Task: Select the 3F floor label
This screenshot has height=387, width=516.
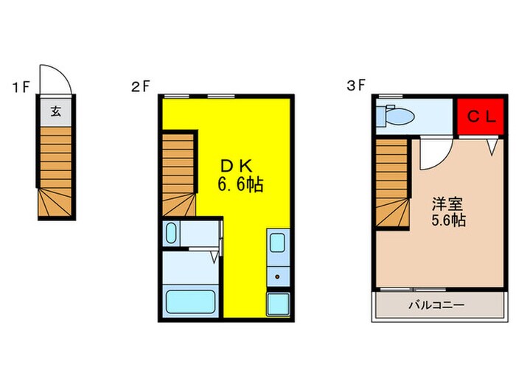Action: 357,86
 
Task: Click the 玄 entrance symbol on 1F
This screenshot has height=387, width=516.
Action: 56,112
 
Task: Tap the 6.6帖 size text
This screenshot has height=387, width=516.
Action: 240,184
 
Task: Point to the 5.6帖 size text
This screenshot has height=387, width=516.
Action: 448,220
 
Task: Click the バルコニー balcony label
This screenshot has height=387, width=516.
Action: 436,305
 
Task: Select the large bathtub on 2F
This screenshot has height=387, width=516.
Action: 189,301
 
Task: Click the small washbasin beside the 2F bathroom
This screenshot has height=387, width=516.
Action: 171,235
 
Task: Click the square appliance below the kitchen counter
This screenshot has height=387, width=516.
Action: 278,302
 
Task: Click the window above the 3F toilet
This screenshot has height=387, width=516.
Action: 391,96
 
